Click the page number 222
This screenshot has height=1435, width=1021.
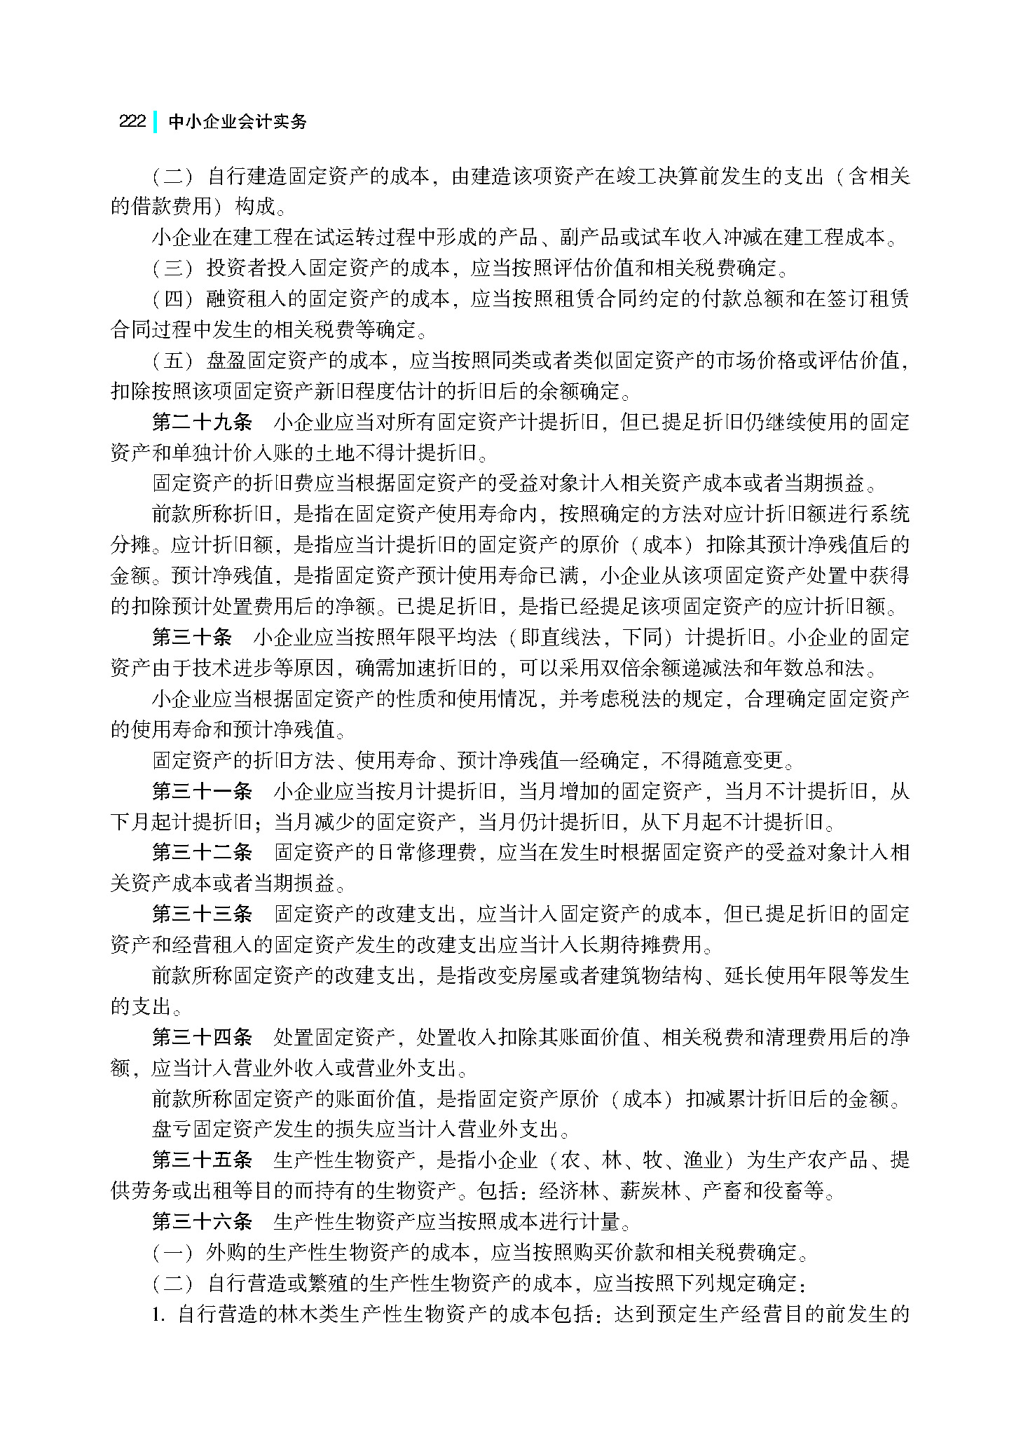[x=132, y=121]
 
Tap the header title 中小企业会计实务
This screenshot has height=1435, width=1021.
[x=238, y=121]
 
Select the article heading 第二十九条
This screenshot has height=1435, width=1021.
[x=202, y=422]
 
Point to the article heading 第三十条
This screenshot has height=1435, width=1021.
[x=192, y=637]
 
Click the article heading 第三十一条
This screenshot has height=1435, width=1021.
[x=202, y=791]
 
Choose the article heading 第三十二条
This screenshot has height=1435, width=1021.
[x=202, y=852]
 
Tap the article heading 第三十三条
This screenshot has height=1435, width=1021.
[x=202, y=914]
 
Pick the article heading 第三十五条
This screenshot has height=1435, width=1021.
[x=202, y=1160]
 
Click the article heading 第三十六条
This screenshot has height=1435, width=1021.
[x=202, y=1221]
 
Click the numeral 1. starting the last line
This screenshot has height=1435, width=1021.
[x=158, y=1314]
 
